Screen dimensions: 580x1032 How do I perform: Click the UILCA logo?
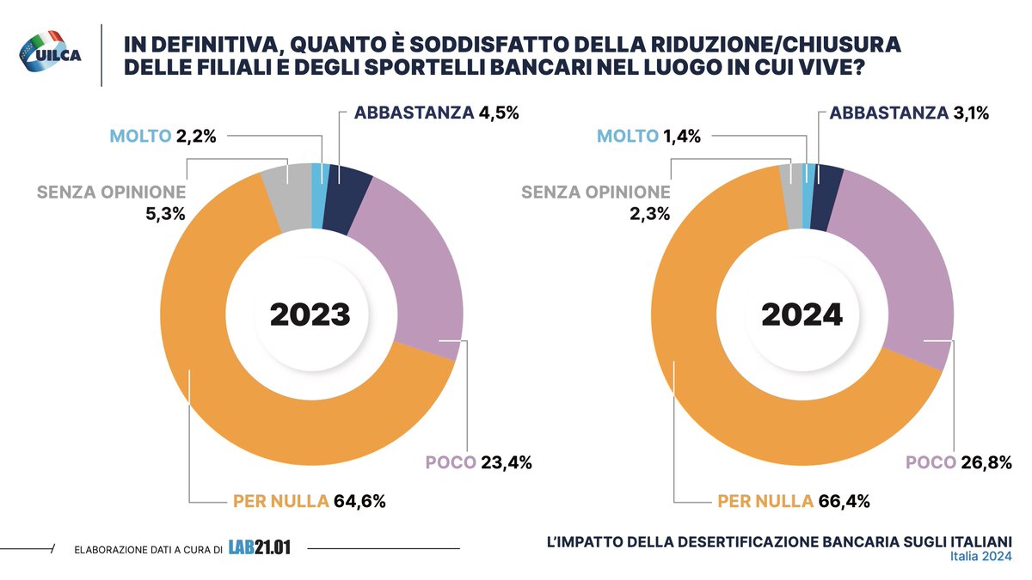click(49, 50)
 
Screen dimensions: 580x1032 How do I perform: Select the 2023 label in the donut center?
click(310, 314)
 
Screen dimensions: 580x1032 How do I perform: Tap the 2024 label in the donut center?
click(802, 314)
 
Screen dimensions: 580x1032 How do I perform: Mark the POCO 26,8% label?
click(960, 463)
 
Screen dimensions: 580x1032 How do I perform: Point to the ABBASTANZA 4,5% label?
click(438, 113)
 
